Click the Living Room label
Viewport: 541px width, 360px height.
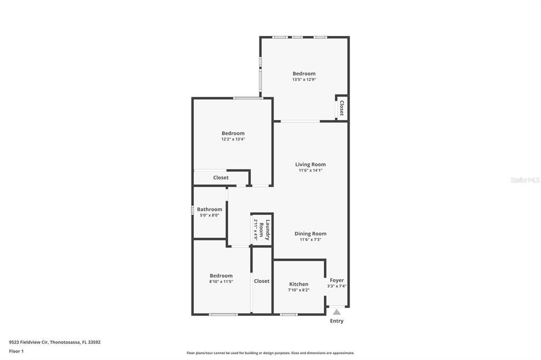[310, 165]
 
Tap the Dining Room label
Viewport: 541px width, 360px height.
[310, 233]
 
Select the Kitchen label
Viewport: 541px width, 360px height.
[299, 284]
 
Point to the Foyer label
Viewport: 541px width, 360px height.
[337, 280]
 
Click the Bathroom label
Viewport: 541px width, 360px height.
[209, 210]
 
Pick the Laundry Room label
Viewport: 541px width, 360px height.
[265, 230]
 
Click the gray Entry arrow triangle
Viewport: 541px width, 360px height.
[337, 312]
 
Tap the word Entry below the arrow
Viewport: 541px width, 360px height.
[337, 321]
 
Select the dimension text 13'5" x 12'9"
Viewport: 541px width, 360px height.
[304, 79]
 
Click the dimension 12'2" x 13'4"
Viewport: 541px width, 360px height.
[233, 139]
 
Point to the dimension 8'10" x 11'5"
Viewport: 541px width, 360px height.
[221, 281]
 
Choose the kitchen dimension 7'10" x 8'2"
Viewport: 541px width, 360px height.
[299, 290]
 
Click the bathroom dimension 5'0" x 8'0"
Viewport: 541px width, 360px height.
[209, 215]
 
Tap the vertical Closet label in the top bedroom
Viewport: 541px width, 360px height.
[342, 108]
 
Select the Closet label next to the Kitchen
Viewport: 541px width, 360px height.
[262, 281]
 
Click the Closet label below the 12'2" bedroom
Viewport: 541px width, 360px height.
[221, 177]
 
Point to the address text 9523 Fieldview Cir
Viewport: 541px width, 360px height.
[29, 342]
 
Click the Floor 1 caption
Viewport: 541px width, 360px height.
[16, 351]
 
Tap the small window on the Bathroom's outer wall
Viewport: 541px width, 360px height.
[192, 210]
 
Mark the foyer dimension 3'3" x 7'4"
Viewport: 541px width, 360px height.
[337, 286]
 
